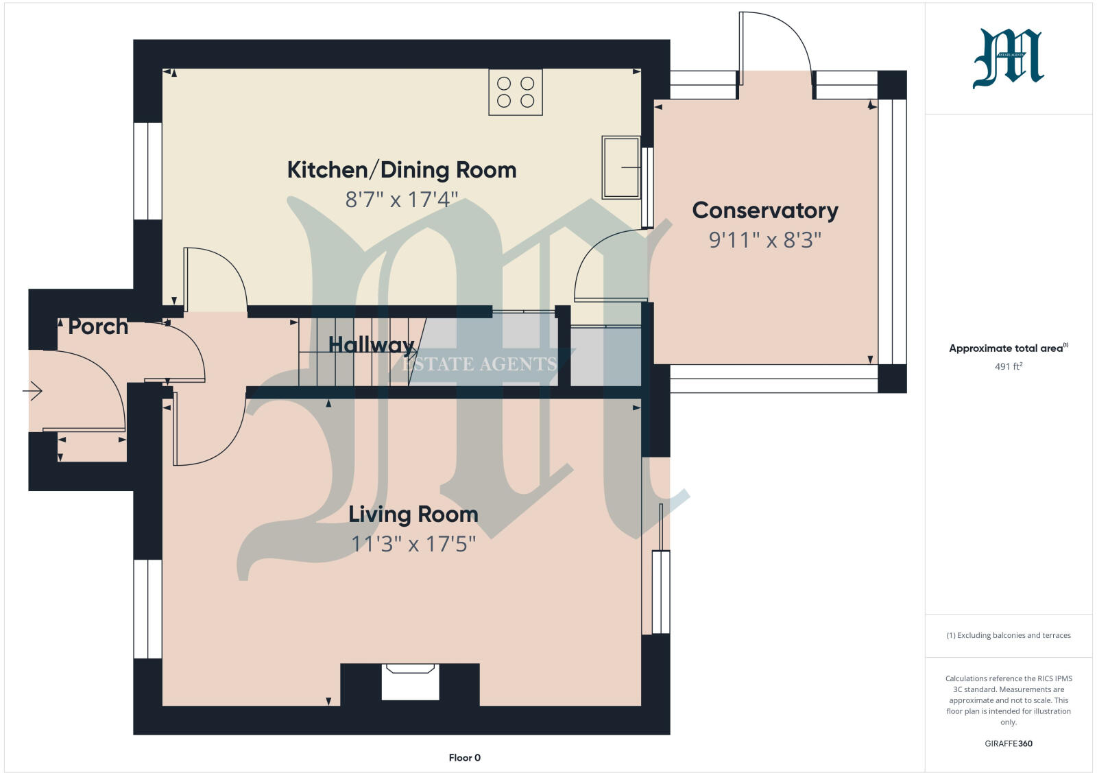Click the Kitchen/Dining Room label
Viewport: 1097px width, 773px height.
(x=401, y=170)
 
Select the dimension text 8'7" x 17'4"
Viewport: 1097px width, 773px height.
(x=401, y=200)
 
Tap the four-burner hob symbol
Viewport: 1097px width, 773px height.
(x=516, y=92)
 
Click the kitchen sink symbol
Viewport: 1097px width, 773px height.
(x=621, y=167)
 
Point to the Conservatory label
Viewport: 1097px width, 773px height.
(x=765, y=211)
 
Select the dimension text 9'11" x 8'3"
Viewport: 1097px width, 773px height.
(x=765, y=240)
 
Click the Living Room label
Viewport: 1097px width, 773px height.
(x=413, y=514)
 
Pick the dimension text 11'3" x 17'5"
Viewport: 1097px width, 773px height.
(x=413, y=544)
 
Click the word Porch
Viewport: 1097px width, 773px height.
(x=98, y=326)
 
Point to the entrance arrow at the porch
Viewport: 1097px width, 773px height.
(x=32, y=392)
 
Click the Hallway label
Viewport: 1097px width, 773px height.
(x=371, y=344)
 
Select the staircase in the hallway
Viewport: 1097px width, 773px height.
(x=357, y=351)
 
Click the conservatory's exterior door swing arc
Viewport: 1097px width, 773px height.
(x=788, y=34)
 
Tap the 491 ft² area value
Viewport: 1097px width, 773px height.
(x=1008, y=367)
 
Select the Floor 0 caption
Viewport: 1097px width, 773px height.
(x=464, y=758)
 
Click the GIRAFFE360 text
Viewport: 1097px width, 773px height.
(x=1008, y=744)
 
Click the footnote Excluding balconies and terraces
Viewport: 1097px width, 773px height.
(x=1008, y=635)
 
